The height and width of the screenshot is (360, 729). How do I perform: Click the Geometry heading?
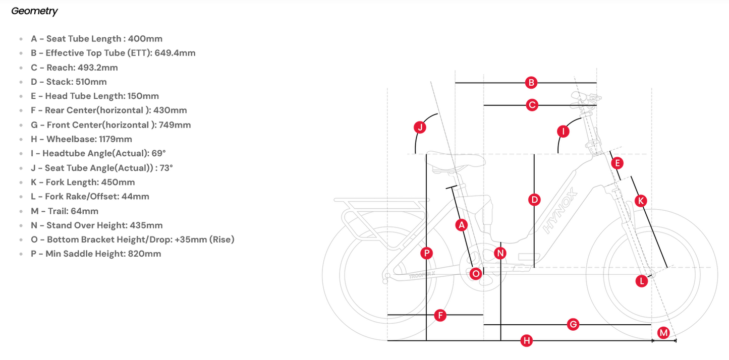point(34,11)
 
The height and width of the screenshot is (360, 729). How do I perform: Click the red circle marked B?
point(531,83)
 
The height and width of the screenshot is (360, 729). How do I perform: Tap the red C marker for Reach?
point(532,105)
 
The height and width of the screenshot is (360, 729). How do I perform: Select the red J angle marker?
point(420,127)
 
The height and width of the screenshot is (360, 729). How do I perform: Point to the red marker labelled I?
point(563,132)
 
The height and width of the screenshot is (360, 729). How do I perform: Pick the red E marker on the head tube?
point(617,163)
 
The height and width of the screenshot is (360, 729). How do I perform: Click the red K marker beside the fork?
point(641,201)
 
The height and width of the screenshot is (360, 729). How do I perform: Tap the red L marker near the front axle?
point(641,281)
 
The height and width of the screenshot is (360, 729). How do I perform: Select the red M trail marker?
point(663,333)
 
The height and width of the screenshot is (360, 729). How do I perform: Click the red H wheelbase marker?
point(526,340)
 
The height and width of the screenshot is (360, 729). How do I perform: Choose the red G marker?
point(573,324)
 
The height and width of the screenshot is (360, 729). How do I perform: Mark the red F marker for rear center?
point(440,315)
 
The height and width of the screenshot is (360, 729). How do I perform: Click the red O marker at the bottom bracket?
point(475,274)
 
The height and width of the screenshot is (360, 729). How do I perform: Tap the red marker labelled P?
point(426,253)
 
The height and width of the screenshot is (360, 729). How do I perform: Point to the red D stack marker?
point(534,200)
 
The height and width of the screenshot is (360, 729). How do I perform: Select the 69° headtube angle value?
point(158,153)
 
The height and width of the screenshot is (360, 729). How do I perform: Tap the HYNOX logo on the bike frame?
point(560,211)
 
